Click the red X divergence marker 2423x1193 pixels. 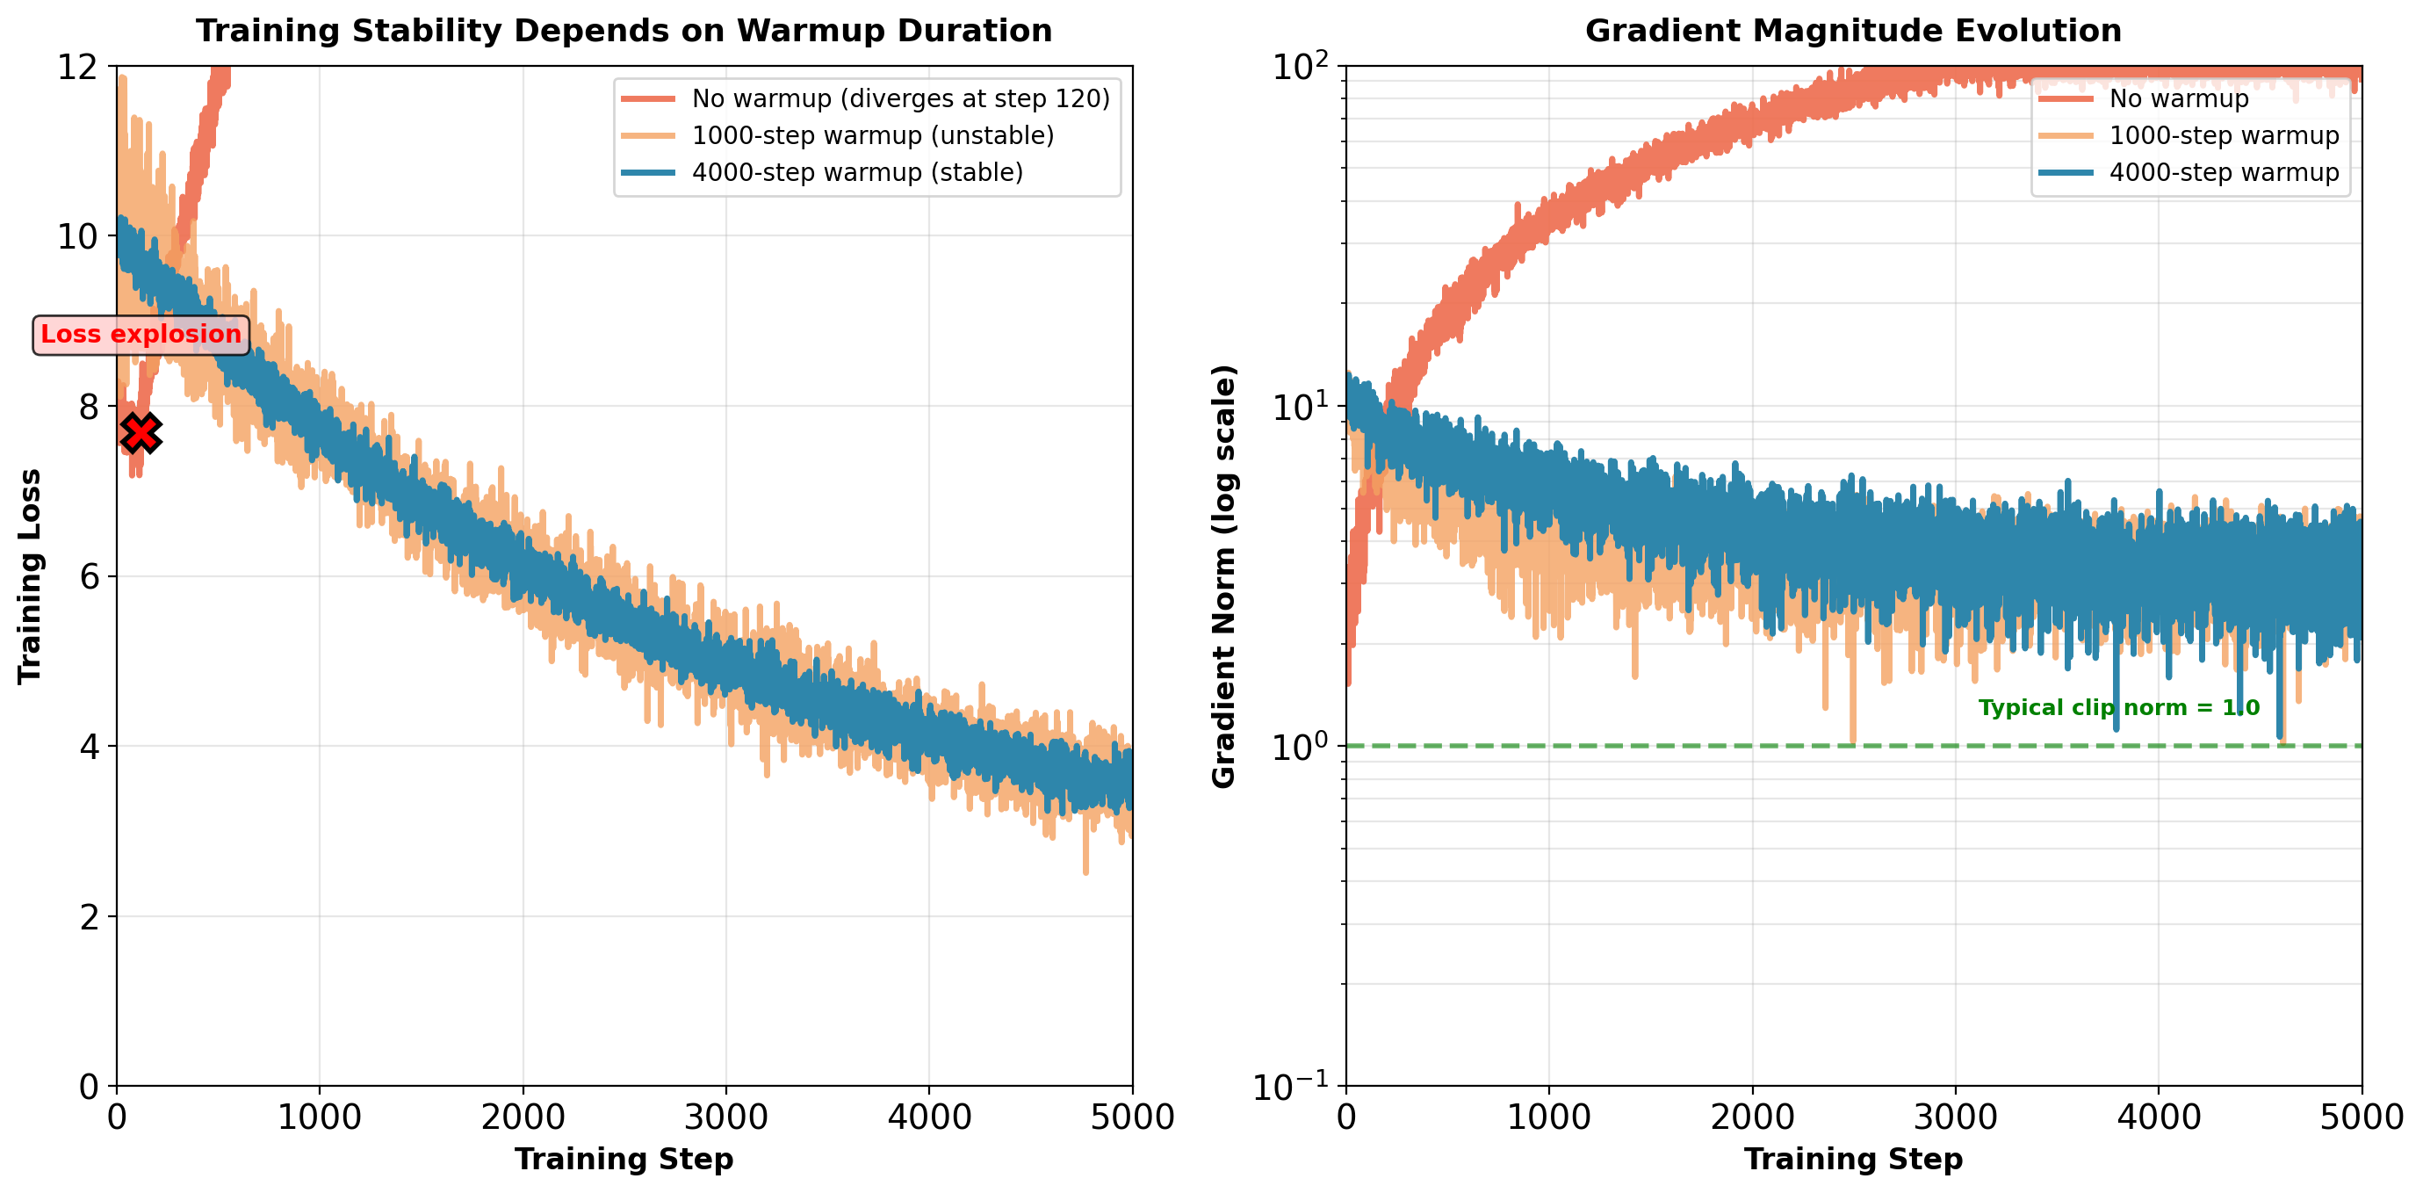pos(141,433)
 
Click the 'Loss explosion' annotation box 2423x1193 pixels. pos(141,335)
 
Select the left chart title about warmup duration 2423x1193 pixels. pos(624,31)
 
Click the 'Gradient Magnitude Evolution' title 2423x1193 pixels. pos(1853,31)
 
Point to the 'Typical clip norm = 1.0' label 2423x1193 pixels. pos(2118,707)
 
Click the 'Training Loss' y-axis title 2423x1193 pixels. pos(30,575)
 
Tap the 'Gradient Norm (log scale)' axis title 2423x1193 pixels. pos(1222,575)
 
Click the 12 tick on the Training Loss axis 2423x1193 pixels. pos(78,67)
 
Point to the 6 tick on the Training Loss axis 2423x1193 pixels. pos(90,577)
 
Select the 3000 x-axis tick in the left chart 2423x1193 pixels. pos(725,1117)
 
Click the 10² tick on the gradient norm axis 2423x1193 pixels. pos(1300,67)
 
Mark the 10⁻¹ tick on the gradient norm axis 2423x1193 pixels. pos(1290,1088)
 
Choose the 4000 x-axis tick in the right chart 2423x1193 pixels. pos(2159,1117)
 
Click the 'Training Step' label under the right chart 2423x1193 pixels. pos(1853,1159)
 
